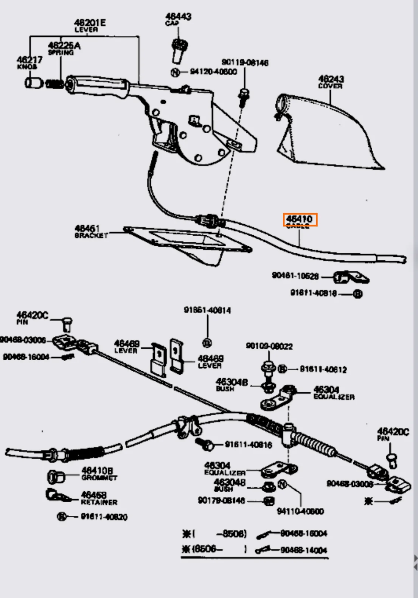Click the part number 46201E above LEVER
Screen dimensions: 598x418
90,22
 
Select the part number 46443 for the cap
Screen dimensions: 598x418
178,16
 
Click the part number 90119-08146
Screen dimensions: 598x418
245,62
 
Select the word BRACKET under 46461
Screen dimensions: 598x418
91,235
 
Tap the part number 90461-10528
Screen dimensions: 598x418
295,276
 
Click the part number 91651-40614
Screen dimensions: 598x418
207,310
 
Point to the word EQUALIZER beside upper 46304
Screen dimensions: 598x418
334,397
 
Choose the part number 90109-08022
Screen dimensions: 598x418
269,346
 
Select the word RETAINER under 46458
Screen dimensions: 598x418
99,502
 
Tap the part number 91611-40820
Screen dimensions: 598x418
104,517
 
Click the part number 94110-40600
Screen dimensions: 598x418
300,511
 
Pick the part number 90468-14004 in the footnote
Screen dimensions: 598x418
304,550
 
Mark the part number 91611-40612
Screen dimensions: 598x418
323,369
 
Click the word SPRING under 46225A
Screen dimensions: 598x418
61,53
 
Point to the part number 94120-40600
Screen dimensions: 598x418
213,71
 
